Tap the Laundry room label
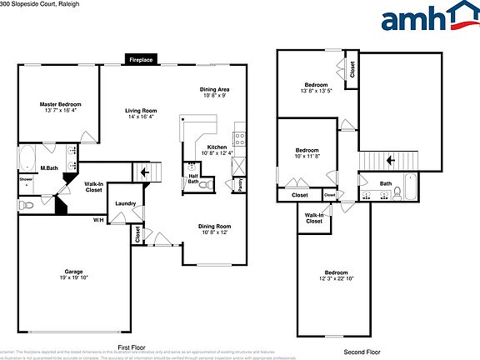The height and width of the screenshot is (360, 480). [x=126, y=203]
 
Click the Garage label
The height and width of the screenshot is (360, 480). [x=73, y=272]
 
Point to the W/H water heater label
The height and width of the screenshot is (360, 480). [x=98, y=220]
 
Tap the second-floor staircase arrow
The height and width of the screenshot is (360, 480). [x=387, y=158]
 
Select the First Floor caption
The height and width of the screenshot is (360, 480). [x=132, y=347]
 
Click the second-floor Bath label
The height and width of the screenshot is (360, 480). [x=386, y=183]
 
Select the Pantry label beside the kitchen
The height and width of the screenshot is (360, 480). [x=240, y=184]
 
